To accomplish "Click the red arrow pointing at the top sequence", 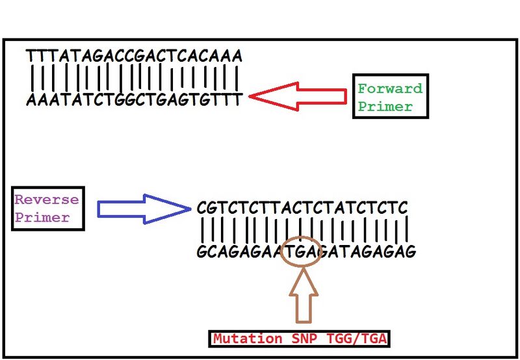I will (298, 96).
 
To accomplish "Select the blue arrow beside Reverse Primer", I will (144, 209).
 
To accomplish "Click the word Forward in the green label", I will (390, 88).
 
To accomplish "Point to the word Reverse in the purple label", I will (47, 199).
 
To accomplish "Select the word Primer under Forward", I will (385, 107).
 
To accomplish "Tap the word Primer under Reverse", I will (42, 217).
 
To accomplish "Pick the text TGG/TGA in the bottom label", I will (355, 339).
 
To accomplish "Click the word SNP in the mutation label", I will (303, 339).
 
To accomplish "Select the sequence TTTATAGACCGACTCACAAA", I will (135, 56).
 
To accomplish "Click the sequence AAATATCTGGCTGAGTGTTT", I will (135, 99).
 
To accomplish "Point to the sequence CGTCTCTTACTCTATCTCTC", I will (302, 209).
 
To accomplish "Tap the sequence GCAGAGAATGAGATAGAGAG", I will (305, 251).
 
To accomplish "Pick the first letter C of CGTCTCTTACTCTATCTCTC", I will (201, 209).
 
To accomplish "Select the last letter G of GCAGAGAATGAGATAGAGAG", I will (411, 251).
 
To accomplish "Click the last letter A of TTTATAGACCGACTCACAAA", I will (237, 56).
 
